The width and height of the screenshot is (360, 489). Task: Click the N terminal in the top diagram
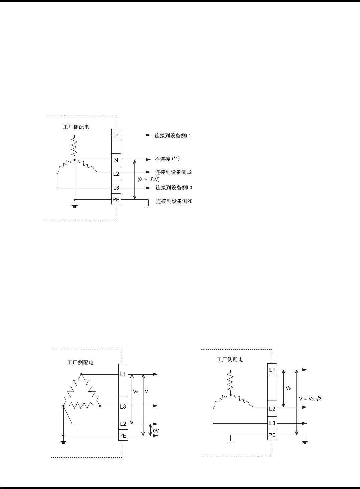(116, 160)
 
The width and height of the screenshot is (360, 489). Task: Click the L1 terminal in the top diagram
(116, 136)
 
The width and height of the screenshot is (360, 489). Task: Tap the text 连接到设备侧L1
(173, 136)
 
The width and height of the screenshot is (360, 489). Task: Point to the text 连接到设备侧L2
(173, 172)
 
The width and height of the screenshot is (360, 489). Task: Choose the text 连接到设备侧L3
(174, 188)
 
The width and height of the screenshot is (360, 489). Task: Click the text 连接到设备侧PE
(174, 201)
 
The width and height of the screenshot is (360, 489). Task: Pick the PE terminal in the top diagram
(116, 200)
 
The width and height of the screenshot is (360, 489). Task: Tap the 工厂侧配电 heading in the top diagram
(76, 127)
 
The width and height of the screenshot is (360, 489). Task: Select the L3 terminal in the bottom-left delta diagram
(123, 406)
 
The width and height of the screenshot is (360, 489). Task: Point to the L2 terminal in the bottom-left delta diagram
(123, 424)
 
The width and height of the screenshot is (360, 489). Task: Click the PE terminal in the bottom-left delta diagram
(123, 436)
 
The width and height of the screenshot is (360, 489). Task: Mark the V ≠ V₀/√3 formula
(310, 399)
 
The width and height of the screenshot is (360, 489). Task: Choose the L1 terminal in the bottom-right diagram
(272, 370)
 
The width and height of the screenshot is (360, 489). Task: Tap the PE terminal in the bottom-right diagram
(272, 435)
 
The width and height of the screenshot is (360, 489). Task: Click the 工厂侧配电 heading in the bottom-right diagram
(230, 360)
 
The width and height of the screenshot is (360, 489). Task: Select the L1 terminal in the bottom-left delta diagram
(123, 374)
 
